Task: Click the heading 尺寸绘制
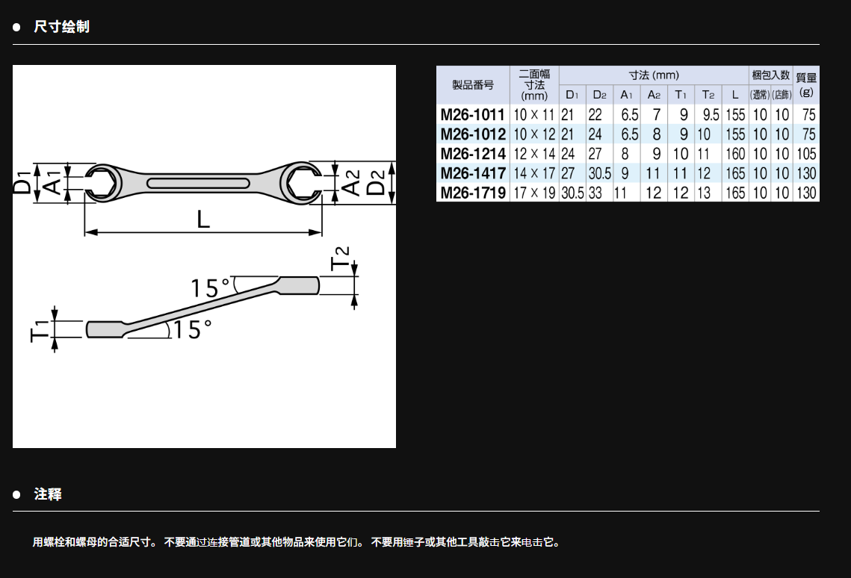pyautogui.click(x=61, y=27)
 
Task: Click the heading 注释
pyautogui.click(x=48, y=494)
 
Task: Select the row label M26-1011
pyautogui.click(x=473, y=115)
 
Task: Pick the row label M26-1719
pyautogui.click(x=473, y=193)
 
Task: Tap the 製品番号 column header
pyautogui.click(x=473, y=84)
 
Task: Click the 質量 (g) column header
pyautogui.click(x=806, y=84)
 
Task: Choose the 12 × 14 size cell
pyautogui.click(x=534, y=154)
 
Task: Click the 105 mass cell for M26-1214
pyautogui.click(x=806, y=154)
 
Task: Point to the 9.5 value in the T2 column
pyautogui.click(x=711, y=115)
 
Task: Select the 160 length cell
pyautogui.click(x=735, y=154)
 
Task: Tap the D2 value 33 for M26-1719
pyautogui.click(x=595, y=193)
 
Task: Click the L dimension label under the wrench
pyautogui.click(x=203, y=220)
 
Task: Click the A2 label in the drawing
pyautogui.click(x=352, y=183)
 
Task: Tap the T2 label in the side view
pyautogui.click(x=340, y=258)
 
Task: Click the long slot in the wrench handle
pyautogui.click(x=198, y=183)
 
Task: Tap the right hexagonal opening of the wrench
pyautogui.click(x=303, y=183)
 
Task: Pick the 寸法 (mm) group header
pyautogui.click(x=654, y=75)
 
